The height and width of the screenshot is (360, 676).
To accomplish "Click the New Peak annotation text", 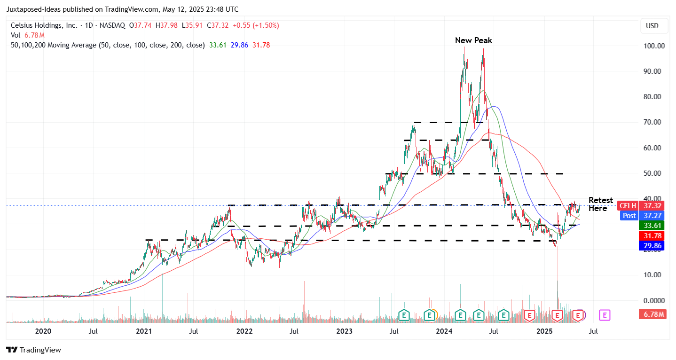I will pyautogui.click(x=473, y=40).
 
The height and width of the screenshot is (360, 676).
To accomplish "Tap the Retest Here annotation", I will pyautogui.click(x=600, y=204).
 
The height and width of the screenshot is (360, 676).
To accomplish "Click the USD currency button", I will pyautogui.click(x=654, y=26).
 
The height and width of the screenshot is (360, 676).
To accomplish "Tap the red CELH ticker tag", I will pyautogui.click(x=627, y=206).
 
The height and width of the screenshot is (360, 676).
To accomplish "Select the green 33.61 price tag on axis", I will pyautogui.click(x=651, y=226).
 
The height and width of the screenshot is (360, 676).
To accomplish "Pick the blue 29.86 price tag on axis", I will pyautogui.click(x=651, y=245).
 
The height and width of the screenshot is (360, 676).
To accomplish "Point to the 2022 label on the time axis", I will pyautogui.click(x=244, y=331).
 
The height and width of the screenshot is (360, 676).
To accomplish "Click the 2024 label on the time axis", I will pyautogui.click(x=444, y=331).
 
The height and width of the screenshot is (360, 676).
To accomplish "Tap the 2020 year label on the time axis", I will pyautogui.click(x=43, y=331).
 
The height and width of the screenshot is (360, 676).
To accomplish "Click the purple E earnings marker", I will pyautogui.click(x=605, y=315).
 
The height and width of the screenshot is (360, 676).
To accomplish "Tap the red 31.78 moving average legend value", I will pyautogui.click(x=261, y=45).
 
